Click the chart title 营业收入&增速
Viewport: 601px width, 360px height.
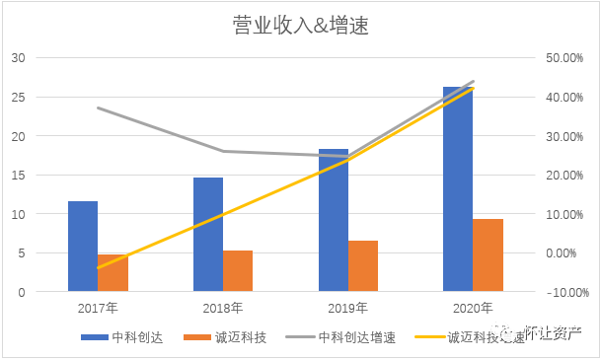(x=300, y=26)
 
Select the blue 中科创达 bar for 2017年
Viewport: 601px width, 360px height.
(x=83, y=247)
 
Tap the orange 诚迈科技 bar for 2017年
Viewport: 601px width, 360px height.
(x=113, y=273)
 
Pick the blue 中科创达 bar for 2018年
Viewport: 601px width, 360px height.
(x=208, y=235)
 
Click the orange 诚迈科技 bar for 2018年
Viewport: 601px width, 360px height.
(x=238, y=271)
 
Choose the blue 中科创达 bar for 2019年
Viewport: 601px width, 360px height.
(x=334, y=221)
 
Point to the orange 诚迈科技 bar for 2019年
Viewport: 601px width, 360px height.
(x=363, y=266)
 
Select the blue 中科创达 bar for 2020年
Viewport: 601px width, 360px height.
(x=458, y=189)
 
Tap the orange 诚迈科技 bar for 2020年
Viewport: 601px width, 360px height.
(x=488, y=255)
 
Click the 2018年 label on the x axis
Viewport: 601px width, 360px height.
(x=223, y=308)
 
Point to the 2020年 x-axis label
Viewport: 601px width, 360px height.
(x=473, y=308)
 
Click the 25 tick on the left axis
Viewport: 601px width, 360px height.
(x=18, y=97)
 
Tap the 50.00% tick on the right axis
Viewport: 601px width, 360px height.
(x=565, y=58)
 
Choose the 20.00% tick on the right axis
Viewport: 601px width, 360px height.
(x=565, y=176)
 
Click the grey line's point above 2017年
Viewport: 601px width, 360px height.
(x=98, y=108)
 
